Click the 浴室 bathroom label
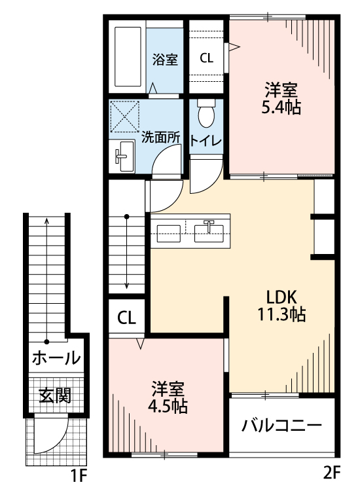165,60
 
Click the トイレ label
206,141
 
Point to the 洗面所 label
161,138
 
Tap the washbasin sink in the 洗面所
122,157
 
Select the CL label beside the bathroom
206,58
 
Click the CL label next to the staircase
127,318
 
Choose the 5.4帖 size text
281,108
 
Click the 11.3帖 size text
281,314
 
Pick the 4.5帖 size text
168,406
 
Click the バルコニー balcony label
281,426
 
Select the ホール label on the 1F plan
56,358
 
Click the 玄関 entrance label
55,395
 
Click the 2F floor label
332,470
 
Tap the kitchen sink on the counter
209,229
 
